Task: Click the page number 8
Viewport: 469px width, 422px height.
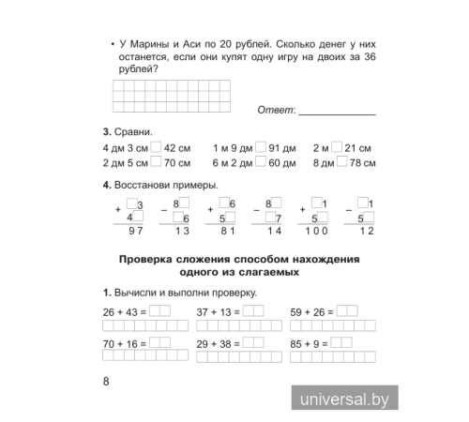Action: (x=106, y=381)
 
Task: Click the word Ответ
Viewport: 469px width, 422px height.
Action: (x=277, y=111)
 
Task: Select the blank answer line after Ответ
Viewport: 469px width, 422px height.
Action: (x=336, y=112)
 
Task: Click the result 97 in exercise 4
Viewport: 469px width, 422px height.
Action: (x=136, y=231)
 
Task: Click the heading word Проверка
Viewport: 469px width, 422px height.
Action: (x=150, y=259)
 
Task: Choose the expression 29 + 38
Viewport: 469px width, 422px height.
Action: (x=215, y=344)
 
